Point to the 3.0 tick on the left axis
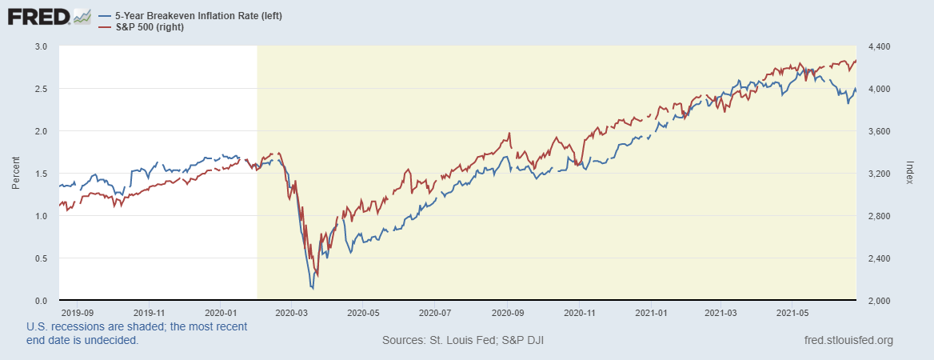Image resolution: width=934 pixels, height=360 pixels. point(42,46)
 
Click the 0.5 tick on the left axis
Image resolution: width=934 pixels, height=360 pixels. point(42,258)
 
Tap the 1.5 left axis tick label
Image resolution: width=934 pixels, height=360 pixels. point(42,174)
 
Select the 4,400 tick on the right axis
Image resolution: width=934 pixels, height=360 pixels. point(878,46)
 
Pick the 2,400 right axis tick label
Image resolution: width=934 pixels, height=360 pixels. point(878,258)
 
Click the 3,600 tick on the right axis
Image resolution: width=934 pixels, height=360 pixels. point(878,131)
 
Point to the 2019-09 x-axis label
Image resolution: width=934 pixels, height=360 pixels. point(78,312)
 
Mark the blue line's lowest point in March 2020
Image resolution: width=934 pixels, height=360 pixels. point(312,287)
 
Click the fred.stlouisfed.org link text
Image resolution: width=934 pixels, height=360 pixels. point(848,341)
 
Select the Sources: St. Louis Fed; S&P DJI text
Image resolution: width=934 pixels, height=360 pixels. point(463,341)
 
